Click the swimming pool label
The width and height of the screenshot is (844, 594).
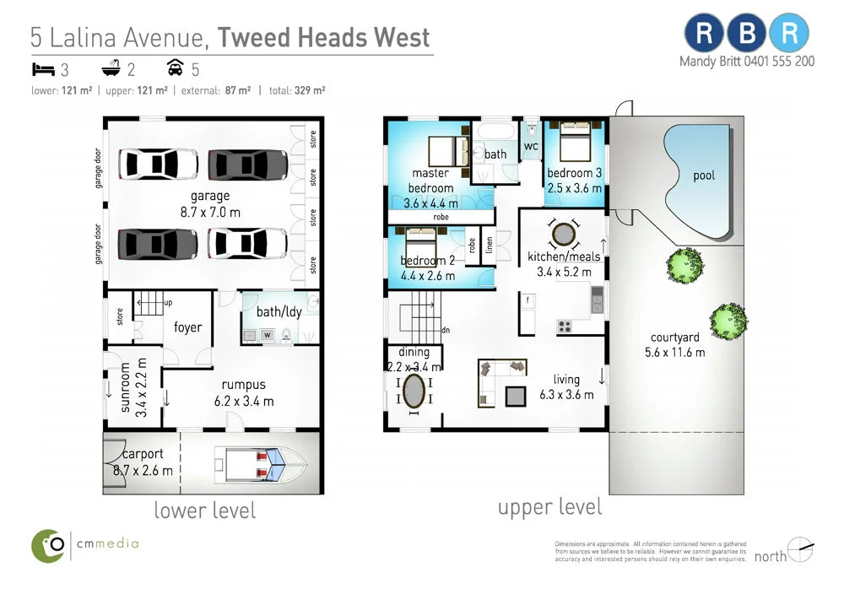pyautogui.click(x=703, y=175)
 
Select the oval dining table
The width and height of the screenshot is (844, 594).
pyautogui.click(x=414, y=392)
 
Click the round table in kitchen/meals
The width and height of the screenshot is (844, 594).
pyautogui.click(x=563, y=232)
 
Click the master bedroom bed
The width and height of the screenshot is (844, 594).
pyautogui.click(x=447, y=151)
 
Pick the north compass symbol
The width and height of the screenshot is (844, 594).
pyautogui.click(x=800, y=550)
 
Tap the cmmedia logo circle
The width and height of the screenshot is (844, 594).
pyautogui.click(x=50, y=545)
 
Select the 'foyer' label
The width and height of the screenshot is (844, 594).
pyautogui.click(x=187, y=327)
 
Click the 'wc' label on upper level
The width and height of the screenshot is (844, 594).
pyautogui.click(x=531, y=147)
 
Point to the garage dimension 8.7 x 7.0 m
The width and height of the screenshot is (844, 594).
pyautogui.click(x=210, y=212)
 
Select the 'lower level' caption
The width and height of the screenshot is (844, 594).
pyautogui.click(x=204, y=510)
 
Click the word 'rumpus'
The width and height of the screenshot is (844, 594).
pyautogui.click(x=244, y=385)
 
